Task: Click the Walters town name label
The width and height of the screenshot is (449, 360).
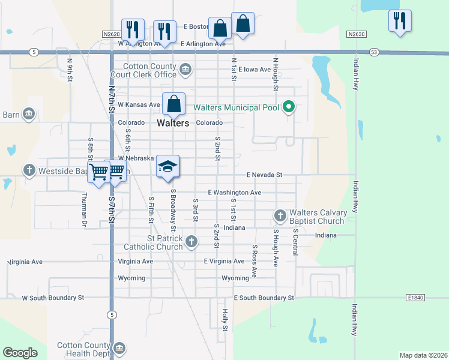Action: (x=173, y=123)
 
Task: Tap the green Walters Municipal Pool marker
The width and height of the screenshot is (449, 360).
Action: (x=289, y=108)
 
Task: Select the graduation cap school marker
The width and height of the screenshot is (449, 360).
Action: (x=168, y=166)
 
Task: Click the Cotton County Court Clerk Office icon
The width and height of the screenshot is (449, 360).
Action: (x=185, y=70)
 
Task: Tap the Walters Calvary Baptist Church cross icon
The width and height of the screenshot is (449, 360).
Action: (x=280, y=215)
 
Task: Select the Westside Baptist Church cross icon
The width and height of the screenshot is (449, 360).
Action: (x=29, y=170)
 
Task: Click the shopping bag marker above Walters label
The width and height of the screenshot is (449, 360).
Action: (x=173, y=104)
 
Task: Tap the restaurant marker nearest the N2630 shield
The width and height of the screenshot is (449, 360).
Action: (x=400, y=21)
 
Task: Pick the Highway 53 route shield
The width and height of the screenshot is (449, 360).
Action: (x=374, y=52)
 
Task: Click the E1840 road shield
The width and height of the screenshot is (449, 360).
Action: (x=415, y=298)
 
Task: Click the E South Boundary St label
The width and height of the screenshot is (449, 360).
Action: (x=264, y=298)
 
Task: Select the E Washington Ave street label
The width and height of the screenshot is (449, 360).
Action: (x=234, y=193)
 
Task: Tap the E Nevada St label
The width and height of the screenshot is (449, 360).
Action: (x=264, y=175)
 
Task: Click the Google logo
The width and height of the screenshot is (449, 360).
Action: (x=20, y=353)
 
